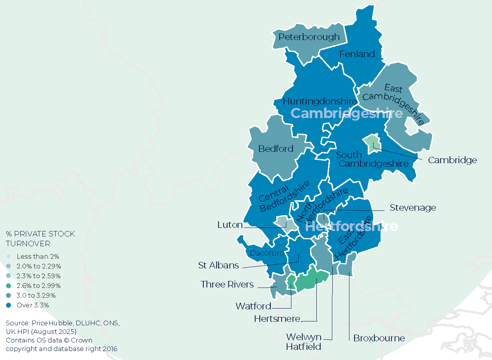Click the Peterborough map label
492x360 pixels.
(x=309, y=37)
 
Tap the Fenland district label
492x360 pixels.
(x=357, y=54)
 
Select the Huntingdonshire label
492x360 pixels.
(x=320, y=101)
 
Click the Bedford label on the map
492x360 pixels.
(x=276, y=149)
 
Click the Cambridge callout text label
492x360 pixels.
(x=452, y=160)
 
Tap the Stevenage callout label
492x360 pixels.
(x=413, y=208)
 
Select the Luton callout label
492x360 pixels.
(x=230, y=225)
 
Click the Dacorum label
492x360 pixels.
(x=266, y=253)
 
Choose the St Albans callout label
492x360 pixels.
(x=219, y=266)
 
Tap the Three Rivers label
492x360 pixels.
(x=227, y=284)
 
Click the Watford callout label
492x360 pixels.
(x=253, y=306)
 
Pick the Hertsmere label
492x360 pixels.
(x=277, y=319)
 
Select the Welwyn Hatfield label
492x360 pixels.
(x=303, y=341)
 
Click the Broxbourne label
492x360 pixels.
(x=379, y=338)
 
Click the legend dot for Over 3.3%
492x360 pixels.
(x=9, y=305)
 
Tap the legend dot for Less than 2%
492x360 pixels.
(x=9, y=256)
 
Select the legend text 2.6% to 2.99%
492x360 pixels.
(x=39, y=286)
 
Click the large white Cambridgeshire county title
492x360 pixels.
(x=346, y=113)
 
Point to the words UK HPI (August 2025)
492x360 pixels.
(x=41, y=332)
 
